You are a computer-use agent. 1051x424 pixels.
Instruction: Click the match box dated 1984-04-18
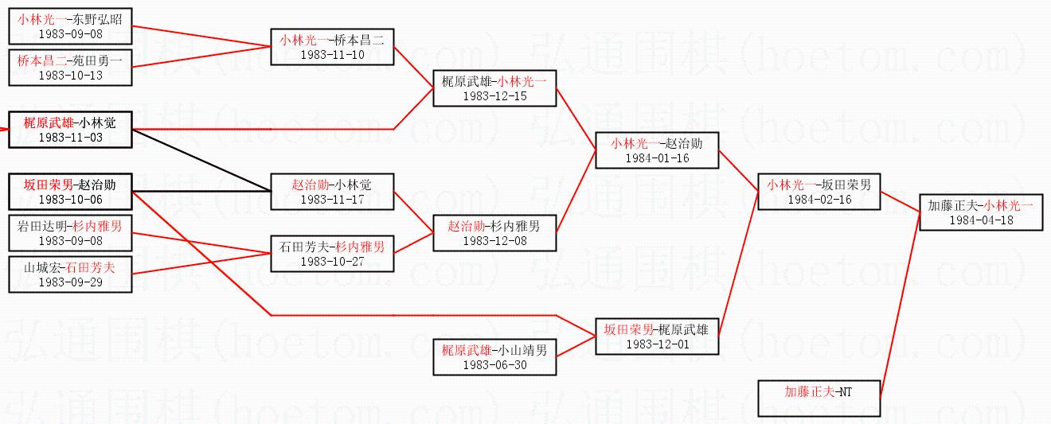pos(981,212)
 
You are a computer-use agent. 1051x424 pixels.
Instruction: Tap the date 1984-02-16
pos(819,200)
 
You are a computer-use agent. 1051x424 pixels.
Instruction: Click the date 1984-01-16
pos(658,158)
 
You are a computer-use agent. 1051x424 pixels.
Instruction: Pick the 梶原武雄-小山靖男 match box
pos(494,356)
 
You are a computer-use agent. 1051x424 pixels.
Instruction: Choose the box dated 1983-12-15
pos(494,88)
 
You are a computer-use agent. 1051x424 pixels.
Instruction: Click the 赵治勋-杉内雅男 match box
pos(494,233)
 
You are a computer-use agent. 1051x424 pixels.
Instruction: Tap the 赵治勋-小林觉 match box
pos(332,192)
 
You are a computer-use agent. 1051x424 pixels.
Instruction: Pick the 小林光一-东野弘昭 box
pos(70,26)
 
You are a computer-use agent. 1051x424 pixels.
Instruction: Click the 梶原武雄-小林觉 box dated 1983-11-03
pos(70,130)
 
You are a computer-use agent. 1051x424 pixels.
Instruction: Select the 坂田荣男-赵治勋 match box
pos(70,192)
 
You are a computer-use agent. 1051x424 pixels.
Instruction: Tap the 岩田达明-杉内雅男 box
pos(70,233)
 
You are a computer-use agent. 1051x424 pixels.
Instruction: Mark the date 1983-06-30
pos(494,364)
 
